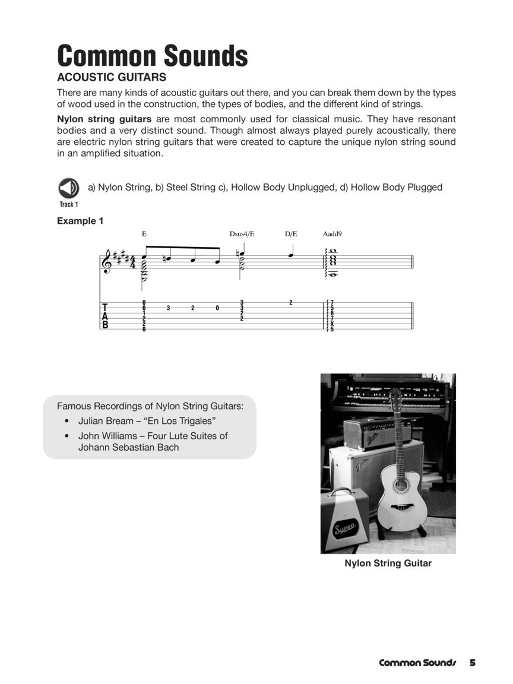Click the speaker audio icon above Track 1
[68, 188]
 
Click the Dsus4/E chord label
[242, 234]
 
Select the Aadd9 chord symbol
[332, 234]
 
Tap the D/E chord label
[291, 234]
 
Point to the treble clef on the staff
[107, 262]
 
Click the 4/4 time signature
[132, 262]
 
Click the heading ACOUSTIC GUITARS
[111, 77]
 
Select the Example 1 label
[80, 221]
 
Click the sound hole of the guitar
[401, 484]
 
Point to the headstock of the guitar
[395, 399]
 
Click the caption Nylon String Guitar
[388, 563]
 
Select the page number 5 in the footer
[473, 663]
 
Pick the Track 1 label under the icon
[68, 204]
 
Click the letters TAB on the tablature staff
[106, 316]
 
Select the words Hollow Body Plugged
[396, 187]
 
